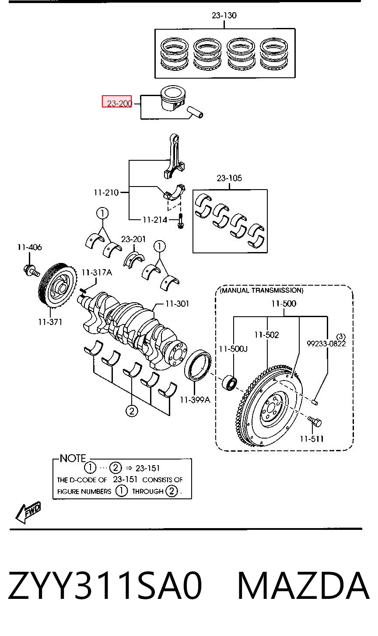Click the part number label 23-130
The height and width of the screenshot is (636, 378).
[224, 15]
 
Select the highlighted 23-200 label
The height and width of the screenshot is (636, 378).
[117, 101]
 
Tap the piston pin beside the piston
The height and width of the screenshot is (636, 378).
[195, 112]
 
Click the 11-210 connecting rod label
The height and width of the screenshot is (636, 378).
[106, 193]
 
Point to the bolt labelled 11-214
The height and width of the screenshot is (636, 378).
[180, 221]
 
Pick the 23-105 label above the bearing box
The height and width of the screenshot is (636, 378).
[229, 178]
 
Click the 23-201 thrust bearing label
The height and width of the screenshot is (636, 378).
[133, 239]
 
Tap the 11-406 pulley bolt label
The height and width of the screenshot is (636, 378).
[30, 247]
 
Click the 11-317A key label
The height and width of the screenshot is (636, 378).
[97, 273]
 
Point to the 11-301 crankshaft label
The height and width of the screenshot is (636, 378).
[177, 304]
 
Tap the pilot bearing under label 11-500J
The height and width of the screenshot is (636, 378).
[230, 383]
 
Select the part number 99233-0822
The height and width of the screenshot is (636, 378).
[326, 343]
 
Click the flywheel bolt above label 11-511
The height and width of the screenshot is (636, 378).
[315, 422]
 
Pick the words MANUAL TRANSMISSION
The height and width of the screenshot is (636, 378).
[262, 290]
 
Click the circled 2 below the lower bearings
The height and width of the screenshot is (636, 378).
[131, 411]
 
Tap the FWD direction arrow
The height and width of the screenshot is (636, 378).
[28, 513]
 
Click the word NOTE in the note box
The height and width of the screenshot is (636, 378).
[73, 458]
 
